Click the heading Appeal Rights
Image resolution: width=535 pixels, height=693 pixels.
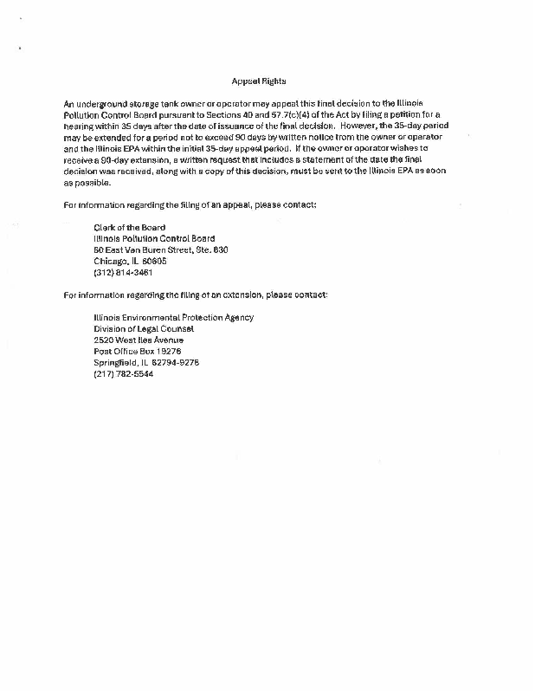tap(253, 81)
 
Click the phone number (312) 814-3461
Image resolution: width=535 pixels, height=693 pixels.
tap(123, 272)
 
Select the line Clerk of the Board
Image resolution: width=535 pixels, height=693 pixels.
tap(129, 227)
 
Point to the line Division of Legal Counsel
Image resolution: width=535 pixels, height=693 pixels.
tap(144, 328)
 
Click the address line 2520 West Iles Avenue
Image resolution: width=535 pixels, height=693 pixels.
tap(139, 340)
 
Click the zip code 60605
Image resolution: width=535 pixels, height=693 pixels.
tap(152, 261)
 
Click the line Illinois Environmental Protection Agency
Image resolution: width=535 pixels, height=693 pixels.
tap(173, 317)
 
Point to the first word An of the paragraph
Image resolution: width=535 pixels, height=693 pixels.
tap(69, 103)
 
